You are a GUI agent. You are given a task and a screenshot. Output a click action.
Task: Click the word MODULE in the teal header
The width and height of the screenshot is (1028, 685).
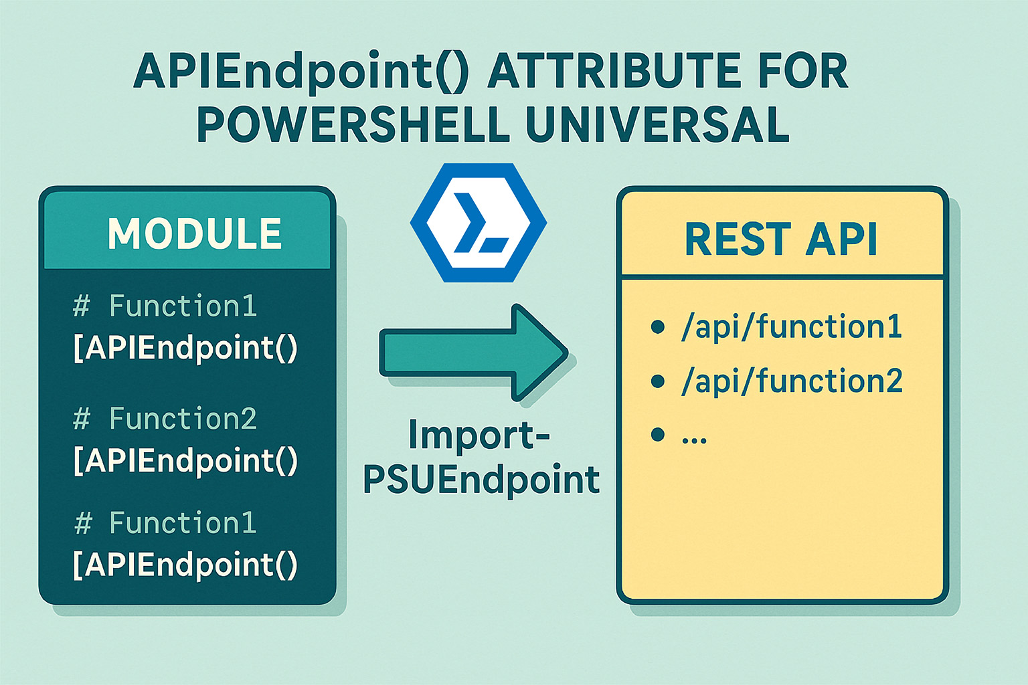pyautogui.click(x=194, y=233)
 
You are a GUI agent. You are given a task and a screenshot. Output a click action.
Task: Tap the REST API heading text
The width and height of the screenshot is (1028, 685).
pyautogui.click(x=780, y=239)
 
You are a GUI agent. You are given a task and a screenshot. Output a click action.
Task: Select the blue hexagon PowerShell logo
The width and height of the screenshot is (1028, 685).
pyautogui.click(x=479, y=222)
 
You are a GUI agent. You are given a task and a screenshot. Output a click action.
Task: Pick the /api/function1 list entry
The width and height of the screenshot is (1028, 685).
pyautogui.click(x=791, y=327)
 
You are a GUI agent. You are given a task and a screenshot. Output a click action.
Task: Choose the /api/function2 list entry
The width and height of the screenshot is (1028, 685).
pyautogui.click(x=791, y=381)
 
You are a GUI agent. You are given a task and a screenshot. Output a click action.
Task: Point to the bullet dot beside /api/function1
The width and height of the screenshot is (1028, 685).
pyautogui.click(x=658, y=327)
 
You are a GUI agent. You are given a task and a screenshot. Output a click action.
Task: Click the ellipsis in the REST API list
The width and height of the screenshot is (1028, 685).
pyautogui.click(x=694, y=438)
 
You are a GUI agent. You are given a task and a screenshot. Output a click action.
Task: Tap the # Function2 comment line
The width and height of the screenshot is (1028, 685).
pyautogui.click(x=165, y=419)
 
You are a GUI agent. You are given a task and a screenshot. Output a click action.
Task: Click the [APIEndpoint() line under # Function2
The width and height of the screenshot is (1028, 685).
pyautogui.click(x=185, y=460)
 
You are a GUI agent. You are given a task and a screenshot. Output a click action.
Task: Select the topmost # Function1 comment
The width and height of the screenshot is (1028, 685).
pyautogui.click(x=165, y=306)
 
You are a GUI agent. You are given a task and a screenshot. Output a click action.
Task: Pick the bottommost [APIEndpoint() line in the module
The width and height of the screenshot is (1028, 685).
pyautogui.click(x=185, y=565)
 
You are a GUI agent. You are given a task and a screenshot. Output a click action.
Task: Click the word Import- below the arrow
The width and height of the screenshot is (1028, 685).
pyautogui.click(x=479, y=435)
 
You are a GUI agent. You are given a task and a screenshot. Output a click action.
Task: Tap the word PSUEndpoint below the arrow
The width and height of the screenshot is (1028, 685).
pyautogui.click(x=481, y=480)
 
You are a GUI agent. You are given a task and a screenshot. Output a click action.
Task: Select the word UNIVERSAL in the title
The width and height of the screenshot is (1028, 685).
pyautogui.click(x=657, y=124)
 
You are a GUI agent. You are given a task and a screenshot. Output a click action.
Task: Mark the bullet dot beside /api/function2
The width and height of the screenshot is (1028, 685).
pyautogui.click(x=658, y=381)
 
